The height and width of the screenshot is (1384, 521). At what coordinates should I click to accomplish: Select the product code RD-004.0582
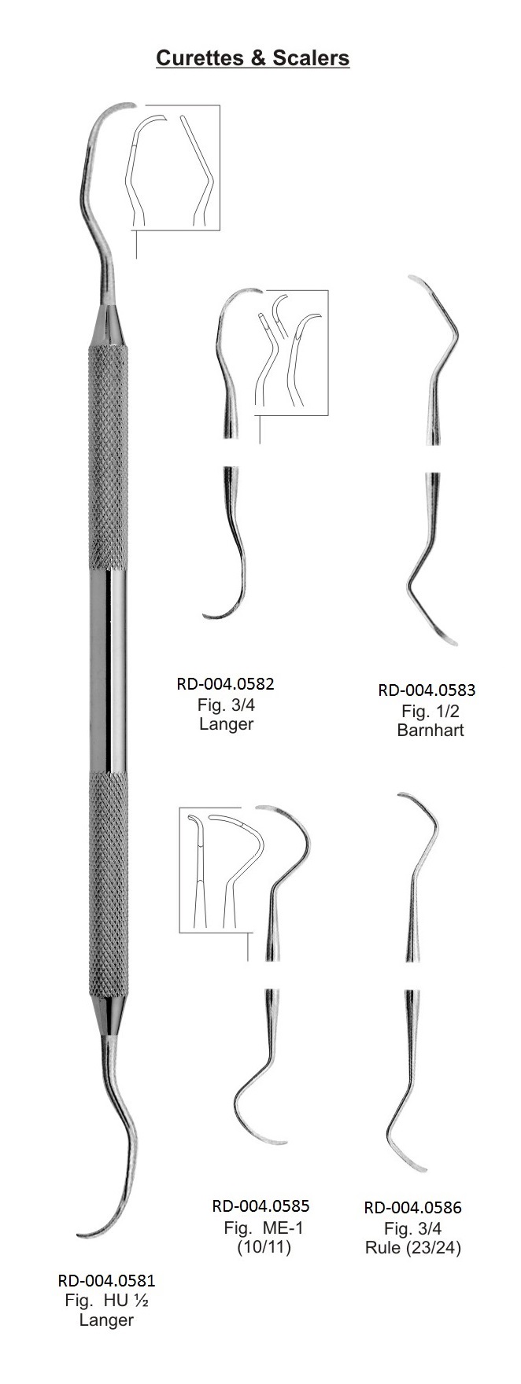click(x=226, y=683)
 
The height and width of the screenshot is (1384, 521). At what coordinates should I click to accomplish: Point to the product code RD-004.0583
click(x=427, y=690)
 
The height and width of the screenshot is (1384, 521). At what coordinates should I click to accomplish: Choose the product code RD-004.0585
click(x=260, y=1205)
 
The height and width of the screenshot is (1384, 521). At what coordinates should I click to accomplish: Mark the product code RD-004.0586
click(x=413, y=1208)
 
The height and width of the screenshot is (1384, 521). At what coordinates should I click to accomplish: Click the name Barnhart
click(x=430, y=730)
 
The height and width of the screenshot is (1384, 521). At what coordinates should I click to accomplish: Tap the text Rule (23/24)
click(x=413, y=1247)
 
